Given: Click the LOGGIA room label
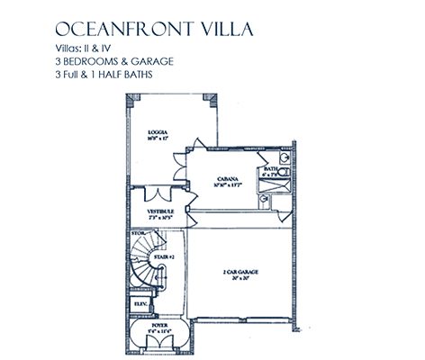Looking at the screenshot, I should [158, 132].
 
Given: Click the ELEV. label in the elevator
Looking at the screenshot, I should [140, 303].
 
